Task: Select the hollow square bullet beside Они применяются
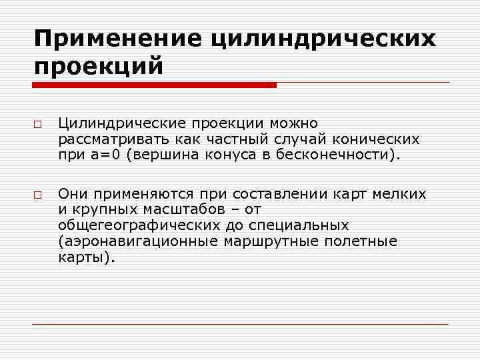pos(37,195)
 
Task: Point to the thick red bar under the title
pos(154,85)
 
